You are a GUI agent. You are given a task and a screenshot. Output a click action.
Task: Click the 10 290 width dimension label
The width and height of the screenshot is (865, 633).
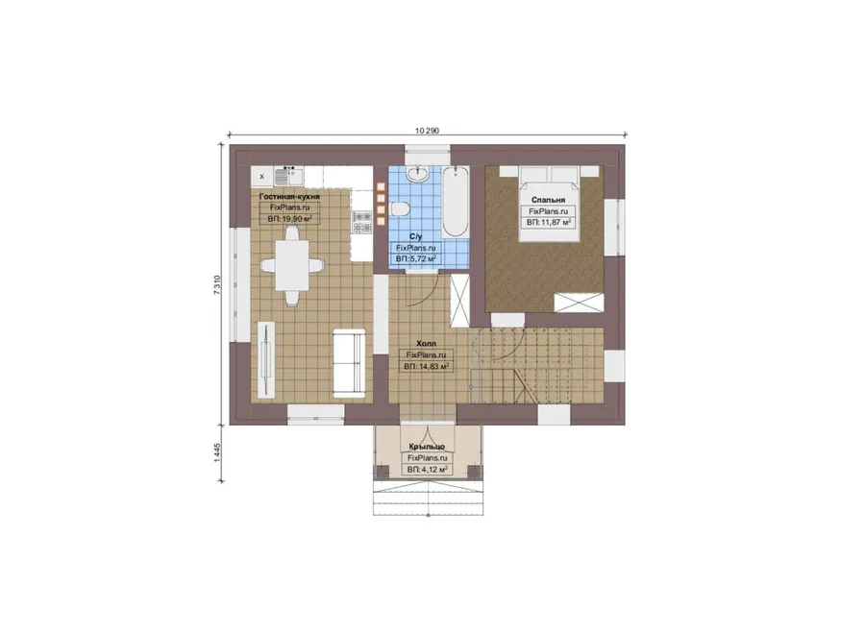pyautogui.click(x=427, y=131)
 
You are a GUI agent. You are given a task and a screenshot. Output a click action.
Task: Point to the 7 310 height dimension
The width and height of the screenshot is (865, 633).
pyautogui.click(x=217, y=285)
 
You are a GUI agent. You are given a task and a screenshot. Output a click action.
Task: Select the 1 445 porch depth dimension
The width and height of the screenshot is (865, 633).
pyautogui.click(x=217, y=453)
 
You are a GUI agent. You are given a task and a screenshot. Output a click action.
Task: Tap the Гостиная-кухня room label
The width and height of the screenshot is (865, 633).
pyautogui.click(x=289, y=196)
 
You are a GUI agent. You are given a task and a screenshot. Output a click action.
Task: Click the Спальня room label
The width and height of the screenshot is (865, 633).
pyautogui.click(x=548, y=200)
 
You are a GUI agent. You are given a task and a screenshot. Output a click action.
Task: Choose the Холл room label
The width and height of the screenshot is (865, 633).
pyautogui.click(x=426, y=344)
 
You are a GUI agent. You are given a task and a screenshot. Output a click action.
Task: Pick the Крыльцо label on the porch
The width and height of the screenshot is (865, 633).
pyautogui.click(x=427, y=447)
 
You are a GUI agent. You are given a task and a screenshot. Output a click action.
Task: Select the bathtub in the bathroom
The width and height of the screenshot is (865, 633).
pyautogui.click(x=456, y=203)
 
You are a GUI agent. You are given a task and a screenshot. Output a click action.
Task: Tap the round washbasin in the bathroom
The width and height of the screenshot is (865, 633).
pyautogui.click(x=417, y=174)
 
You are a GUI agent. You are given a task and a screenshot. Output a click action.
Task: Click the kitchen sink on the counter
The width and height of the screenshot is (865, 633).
pyautogui.click(x=288, y=177)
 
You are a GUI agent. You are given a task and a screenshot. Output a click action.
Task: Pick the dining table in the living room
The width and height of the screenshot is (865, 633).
pyautogui.click(x=292, y=266)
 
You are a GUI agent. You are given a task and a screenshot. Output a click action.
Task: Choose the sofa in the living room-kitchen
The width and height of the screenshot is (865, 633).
pyautogui.click(x=349, y=363)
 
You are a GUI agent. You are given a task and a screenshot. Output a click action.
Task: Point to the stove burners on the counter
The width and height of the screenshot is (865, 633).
pyautogui.click(x=362, y=222)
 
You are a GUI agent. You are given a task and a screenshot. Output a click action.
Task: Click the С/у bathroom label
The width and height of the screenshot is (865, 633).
pyautogui.click(x=416, y=237)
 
